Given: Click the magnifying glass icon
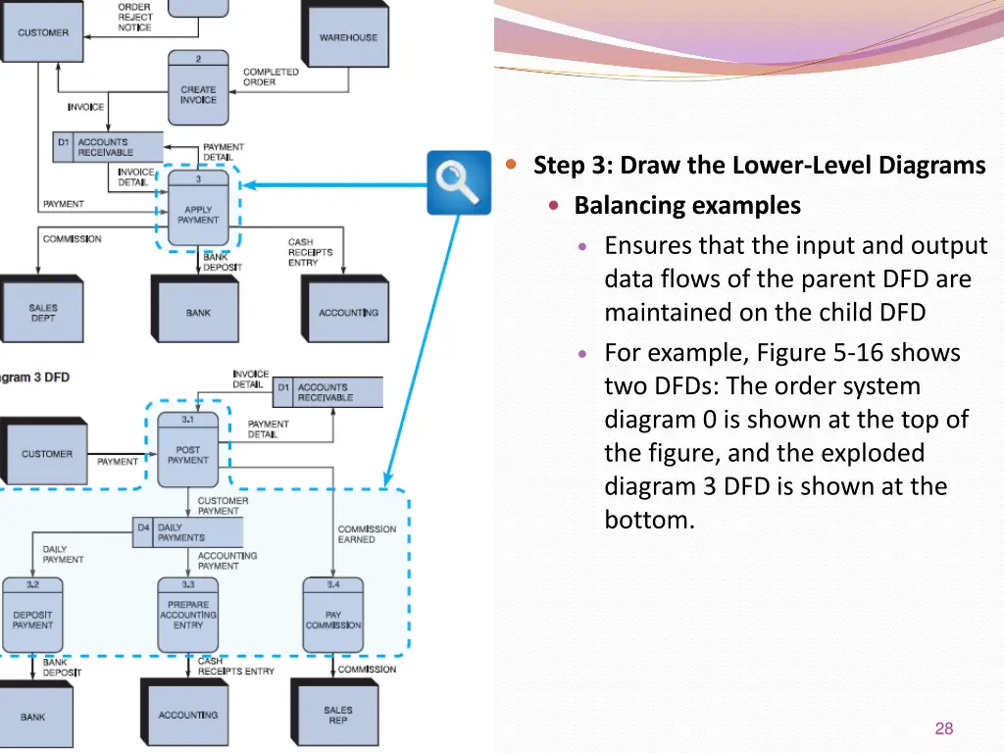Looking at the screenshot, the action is [459, 182].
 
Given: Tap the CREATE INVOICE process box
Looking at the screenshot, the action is [198, 87].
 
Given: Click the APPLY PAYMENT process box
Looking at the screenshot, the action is [198, 208].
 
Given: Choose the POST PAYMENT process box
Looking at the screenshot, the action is [187, 449].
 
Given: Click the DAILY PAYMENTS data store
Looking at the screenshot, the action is [188, 532].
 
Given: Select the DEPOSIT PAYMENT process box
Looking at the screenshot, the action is [32, 615].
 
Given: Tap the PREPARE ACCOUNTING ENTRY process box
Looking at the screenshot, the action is [188, 615].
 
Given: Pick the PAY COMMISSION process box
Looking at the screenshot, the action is [333, 615].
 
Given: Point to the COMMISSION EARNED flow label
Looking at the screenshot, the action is [367, 534].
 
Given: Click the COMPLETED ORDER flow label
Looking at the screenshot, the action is [271, 76].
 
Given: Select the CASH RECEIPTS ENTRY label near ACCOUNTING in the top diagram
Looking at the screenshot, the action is [310, 252].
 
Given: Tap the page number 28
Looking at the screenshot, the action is [944, 728].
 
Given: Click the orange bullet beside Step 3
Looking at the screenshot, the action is [511, 164].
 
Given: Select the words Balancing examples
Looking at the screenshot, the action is [687, 206].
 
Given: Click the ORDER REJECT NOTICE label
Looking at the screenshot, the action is [134, 18].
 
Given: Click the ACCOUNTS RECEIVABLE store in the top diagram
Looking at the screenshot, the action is [108, 147].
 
